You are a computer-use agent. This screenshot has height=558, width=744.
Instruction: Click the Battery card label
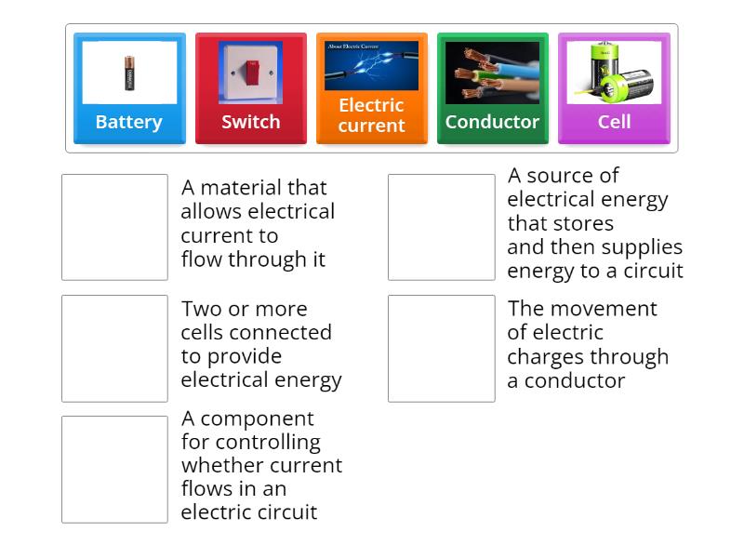click(x=129, y=122)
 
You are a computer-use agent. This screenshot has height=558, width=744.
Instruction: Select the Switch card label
click(x=250, y=122)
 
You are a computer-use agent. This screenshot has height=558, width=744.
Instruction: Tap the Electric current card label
click(x=371, y=115)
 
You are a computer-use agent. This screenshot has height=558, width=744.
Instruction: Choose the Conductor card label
click(x=492, y=122)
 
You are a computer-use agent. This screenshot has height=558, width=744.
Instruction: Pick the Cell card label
click(x=614, y=122)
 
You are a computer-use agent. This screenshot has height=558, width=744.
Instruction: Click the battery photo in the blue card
click(x=129, y=73)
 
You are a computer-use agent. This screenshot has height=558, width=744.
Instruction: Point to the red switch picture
click(x=250, y=73)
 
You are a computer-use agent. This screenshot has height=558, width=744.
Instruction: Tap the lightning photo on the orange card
click(x=371, y=65)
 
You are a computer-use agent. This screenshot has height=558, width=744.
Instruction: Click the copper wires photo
click(x=492, y=73)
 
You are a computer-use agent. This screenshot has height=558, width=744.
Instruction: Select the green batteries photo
click(x=614, y=73)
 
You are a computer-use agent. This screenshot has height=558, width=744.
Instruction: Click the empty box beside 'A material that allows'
click(x=114, y=227)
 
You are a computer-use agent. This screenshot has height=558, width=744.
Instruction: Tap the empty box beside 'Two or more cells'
click(x=114, y=348)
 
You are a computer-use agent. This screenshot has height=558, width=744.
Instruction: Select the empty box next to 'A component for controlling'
click(x=114, y=469)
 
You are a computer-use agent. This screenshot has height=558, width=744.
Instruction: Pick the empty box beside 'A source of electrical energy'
click(x=441, y=227)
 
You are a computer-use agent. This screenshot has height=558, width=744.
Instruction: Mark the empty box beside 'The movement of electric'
click(x=441, y=348)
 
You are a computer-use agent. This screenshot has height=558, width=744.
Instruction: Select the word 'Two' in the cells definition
click(x=200, y=309)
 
